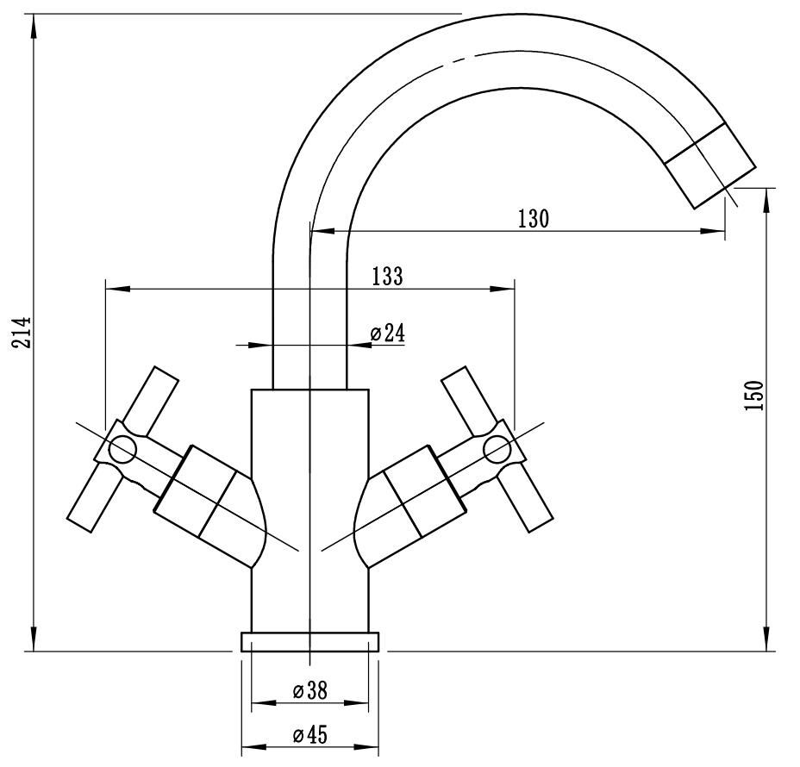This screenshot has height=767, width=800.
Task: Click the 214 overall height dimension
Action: pos(22,333)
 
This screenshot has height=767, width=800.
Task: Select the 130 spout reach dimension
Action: pos(534,219)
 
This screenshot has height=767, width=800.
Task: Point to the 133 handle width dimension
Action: pos(387,277)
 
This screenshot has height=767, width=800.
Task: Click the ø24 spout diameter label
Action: pos(387,333)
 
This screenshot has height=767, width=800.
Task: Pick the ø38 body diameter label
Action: pos(309,691)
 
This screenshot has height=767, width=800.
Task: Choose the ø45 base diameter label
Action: pos(309,735)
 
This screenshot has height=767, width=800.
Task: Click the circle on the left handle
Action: pos(123,450)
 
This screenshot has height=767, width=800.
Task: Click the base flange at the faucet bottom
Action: pos(309,642)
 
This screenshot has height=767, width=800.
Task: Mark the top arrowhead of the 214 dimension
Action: pos(34,26)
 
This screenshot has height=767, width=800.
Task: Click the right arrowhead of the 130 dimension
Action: pos(713,231)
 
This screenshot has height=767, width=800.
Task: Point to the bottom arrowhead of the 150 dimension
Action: pos(766,639)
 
